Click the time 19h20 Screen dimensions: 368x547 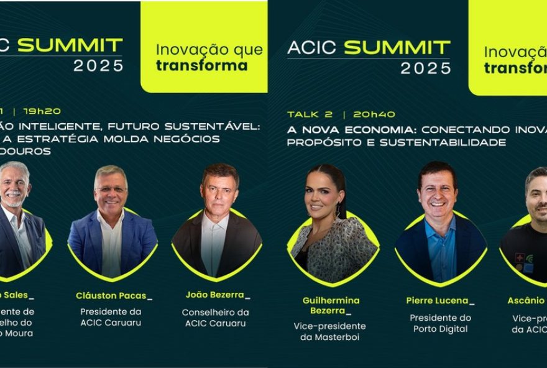pyautogui.click(x=42, y=111)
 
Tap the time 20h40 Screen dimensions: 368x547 pyautogui.click(x=374, y=114)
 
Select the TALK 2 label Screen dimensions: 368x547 pyautogui.click(x=310, y=114)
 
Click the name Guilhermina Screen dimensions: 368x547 pyautogui.click(x=331, y=300)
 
